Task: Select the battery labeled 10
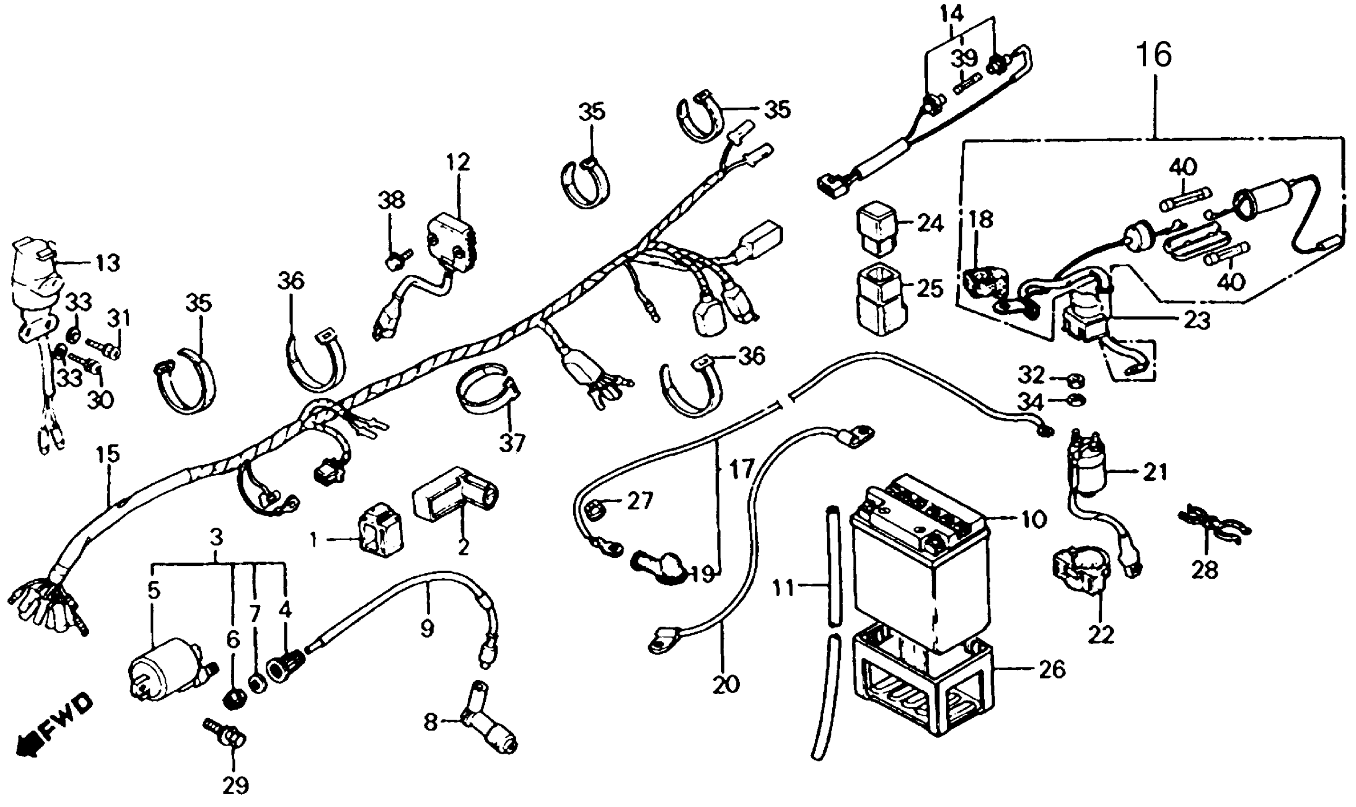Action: tap(919, 565)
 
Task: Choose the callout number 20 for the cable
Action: tap(725, 684)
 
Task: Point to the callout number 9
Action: tap(427, 629)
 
